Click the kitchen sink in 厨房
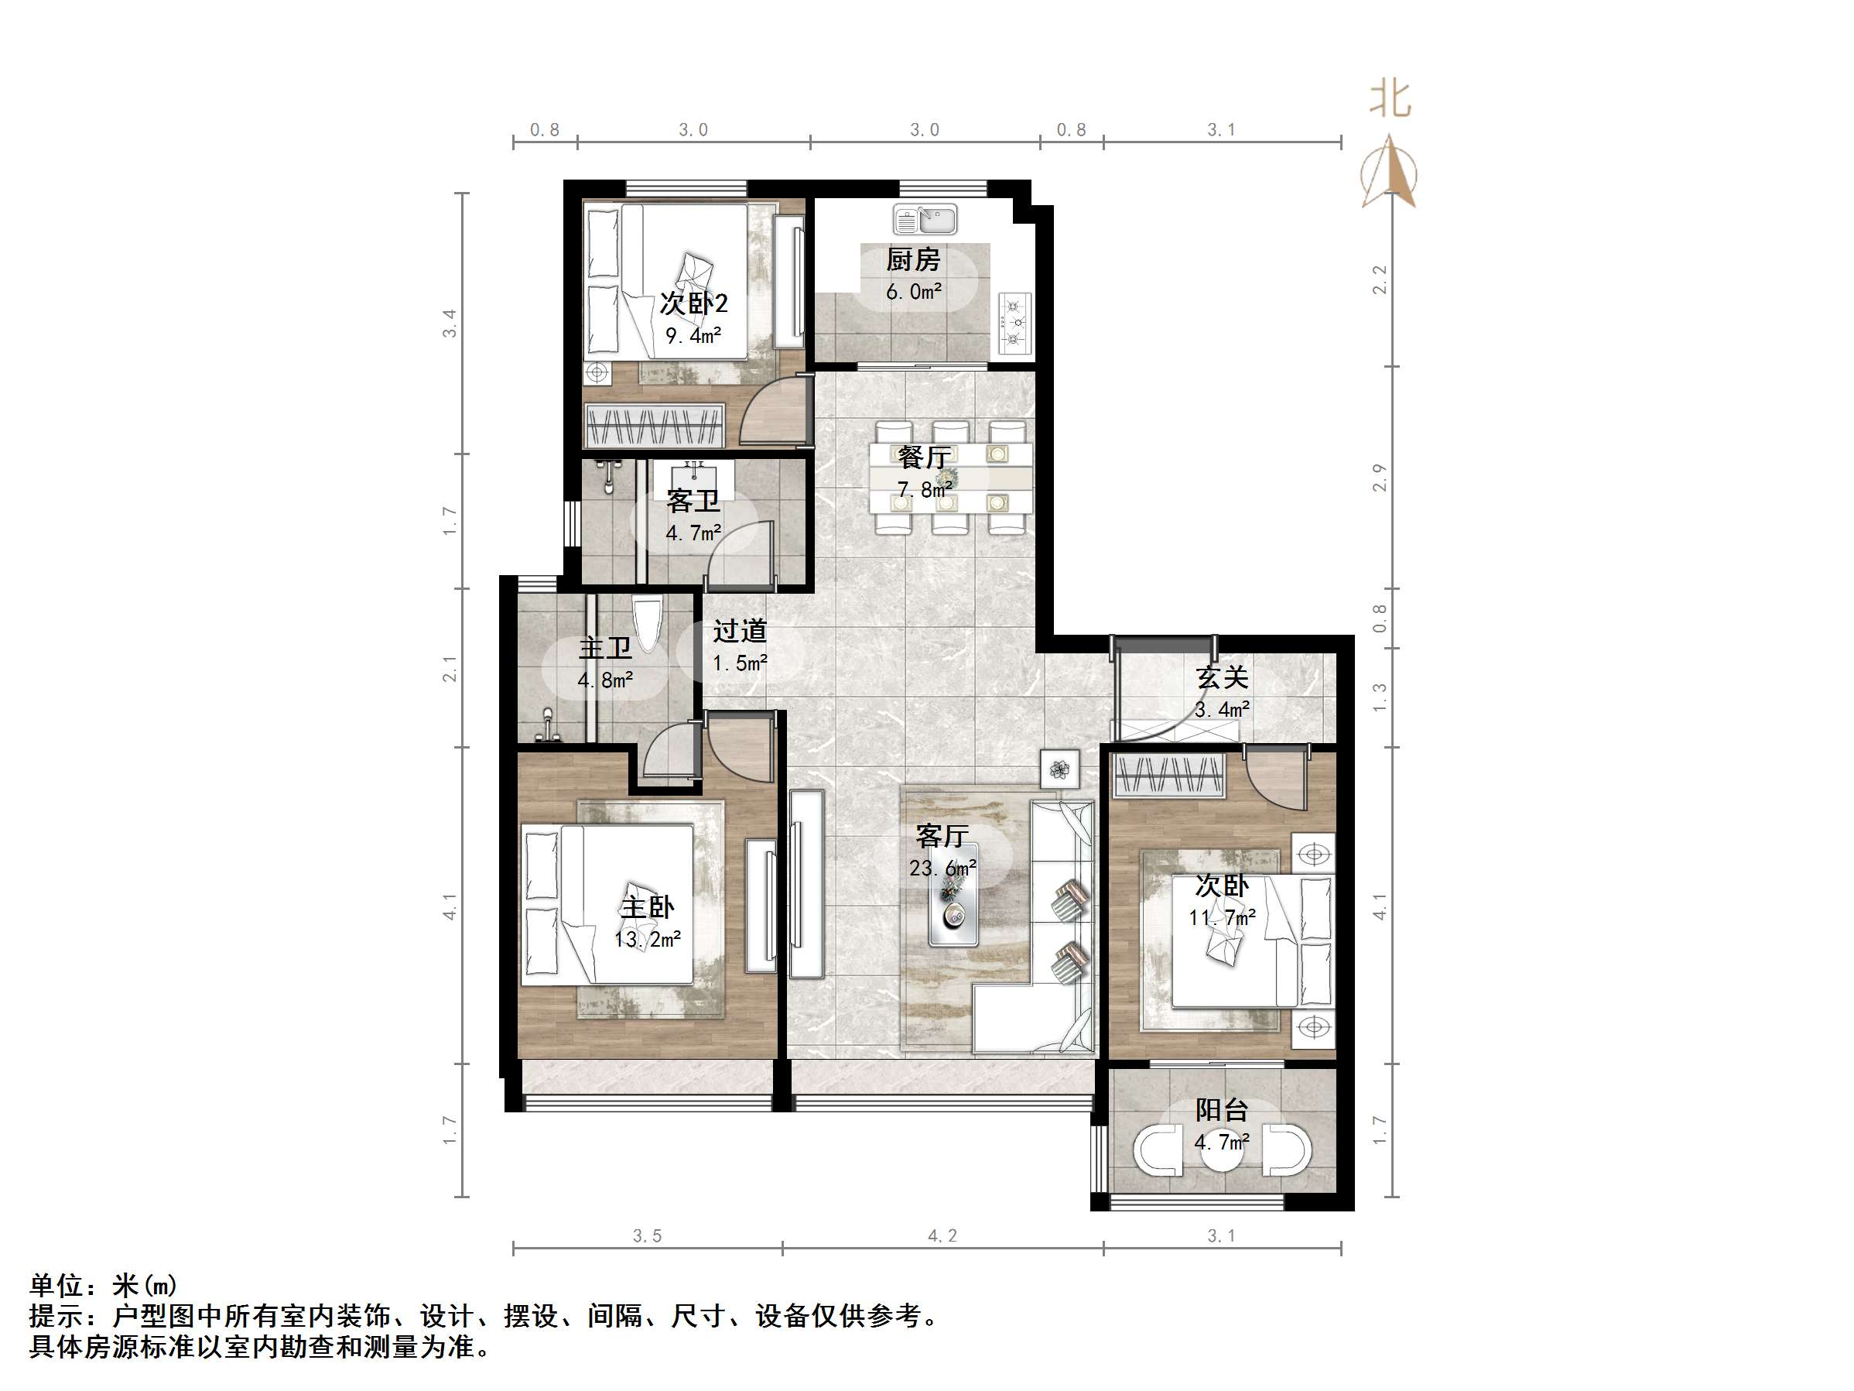click(925, 220)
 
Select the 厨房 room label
click(913, 260)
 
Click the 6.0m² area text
click(914, 292)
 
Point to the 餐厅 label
click(924, 457)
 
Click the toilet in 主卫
click(647, 622)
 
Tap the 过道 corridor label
click(740, 631)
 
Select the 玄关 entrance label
click(1222, 677)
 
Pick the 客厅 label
click(942, 836)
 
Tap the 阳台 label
click(1222, 1110)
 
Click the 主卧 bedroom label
click(647, 907)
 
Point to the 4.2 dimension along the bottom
click(942, 1236)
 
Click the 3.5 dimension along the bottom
click(647, 1236)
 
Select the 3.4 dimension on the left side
click(450, 324)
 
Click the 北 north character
click(1390, 100)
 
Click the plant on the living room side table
click(1060, 768)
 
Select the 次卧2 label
click(693, 303)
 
